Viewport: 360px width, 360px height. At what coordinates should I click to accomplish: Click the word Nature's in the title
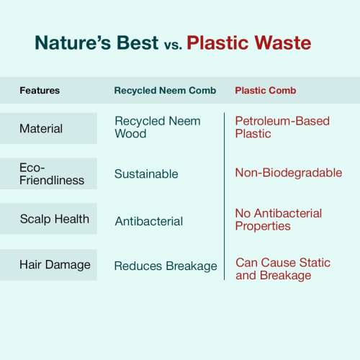[73, 42]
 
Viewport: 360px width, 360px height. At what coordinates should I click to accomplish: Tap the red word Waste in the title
[283, 42]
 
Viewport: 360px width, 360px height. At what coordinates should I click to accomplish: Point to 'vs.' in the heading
[173, 45]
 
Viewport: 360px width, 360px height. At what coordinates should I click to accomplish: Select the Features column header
[40, 91]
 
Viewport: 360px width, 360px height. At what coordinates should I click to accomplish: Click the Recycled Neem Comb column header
[165, 91]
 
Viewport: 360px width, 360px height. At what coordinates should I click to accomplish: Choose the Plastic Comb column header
[266, 91]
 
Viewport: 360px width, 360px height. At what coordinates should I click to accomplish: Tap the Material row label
[41, 128]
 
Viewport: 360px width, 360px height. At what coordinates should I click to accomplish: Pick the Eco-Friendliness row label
[52, 174]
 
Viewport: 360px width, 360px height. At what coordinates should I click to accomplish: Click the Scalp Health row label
[55, 219]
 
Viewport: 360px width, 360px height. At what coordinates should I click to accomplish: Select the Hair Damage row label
[55, 265]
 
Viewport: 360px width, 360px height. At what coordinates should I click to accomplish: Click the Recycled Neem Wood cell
[158, 127]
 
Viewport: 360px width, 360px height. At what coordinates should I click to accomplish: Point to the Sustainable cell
[146, 174]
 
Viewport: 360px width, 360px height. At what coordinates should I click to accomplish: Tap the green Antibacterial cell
[149, 221]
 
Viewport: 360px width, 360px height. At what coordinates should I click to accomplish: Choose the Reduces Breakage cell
[166, 266]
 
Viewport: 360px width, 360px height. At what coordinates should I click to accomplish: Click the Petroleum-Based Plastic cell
[282, 127]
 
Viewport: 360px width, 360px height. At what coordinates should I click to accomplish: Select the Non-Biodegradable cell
[289, 173]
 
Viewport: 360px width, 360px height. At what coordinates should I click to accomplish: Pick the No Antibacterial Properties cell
[279, 220]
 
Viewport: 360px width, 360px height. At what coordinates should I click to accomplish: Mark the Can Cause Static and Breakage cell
[283, 269]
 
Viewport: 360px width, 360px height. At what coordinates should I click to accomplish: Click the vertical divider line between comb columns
[225, 196]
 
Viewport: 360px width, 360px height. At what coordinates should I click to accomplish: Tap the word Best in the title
[138, 42]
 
